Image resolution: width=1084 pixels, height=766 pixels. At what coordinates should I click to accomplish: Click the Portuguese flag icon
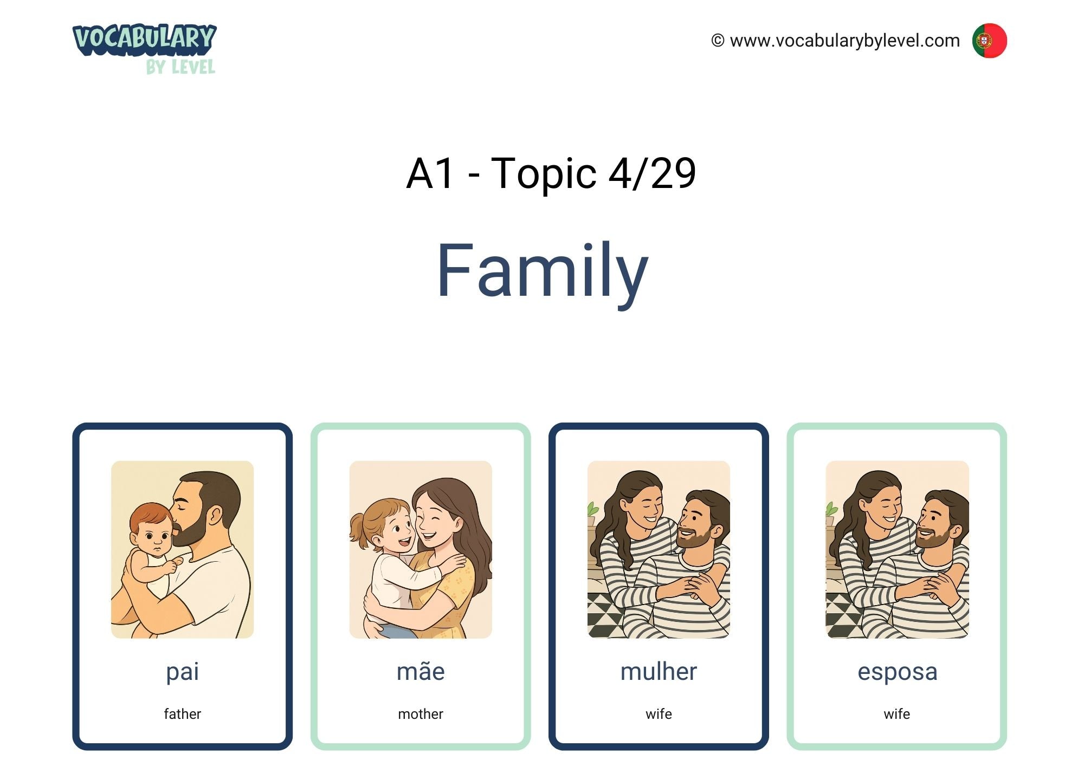click(989, 41)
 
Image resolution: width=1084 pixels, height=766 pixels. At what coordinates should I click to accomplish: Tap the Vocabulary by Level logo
click(145, 49)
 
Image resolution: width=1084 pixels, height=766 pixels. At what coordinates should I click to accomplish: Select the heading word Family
click(543, 271)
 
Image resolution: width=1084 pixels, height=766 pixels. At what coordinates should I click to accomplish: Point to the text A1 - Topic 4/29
click(551, 173)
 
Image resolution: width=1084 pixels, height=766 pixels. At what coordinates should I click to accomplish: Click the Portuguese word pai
click(183, 672)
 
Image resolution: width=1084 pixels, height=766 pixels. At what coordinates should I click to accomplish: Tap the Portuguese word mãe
click(421, 671)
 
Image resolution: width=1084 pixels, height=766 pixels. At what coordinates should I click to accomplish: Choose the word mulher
click(659, 671)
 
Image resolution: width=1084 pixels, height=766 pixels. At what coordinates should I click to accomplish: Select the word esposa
click(897, 672)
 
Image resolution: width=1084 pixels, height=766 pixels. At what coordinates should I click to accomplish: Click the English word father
click(183, 714)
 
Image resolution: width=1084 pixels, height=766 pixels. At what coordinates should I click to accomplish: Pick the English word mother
click(421, 714)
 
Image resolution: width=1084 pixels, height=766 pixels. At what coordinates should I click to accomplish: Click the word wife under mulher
click(659, 714)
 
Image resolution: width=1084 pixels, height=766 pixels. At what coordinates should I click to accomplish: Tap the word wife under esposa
click(897, 714)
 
